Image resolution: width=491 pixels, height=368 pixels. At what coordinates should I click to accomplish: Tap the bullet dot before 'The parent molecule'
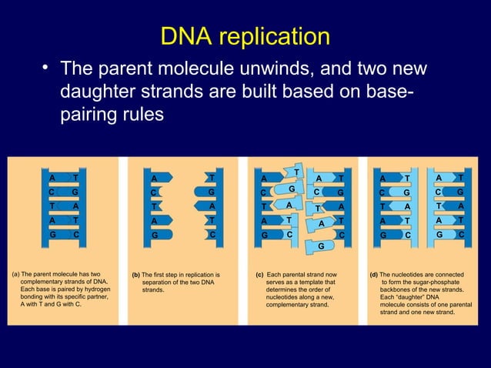click(x=45, y=71)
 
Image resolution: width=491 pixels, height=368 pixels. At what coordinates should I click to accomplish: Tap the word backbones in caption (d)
click(x=400, y=290)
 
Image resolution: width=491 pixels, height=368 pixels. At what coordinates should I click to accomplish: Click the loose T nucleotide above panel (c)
click(x=297, y=170)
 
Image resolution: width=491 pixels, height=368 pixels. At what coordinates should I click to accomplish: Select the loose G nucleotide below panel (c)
click(x=320, y=246)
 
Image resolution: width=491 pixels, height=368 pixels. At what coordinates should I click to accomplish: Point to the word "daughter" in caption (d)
click(x=411, y=298)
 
